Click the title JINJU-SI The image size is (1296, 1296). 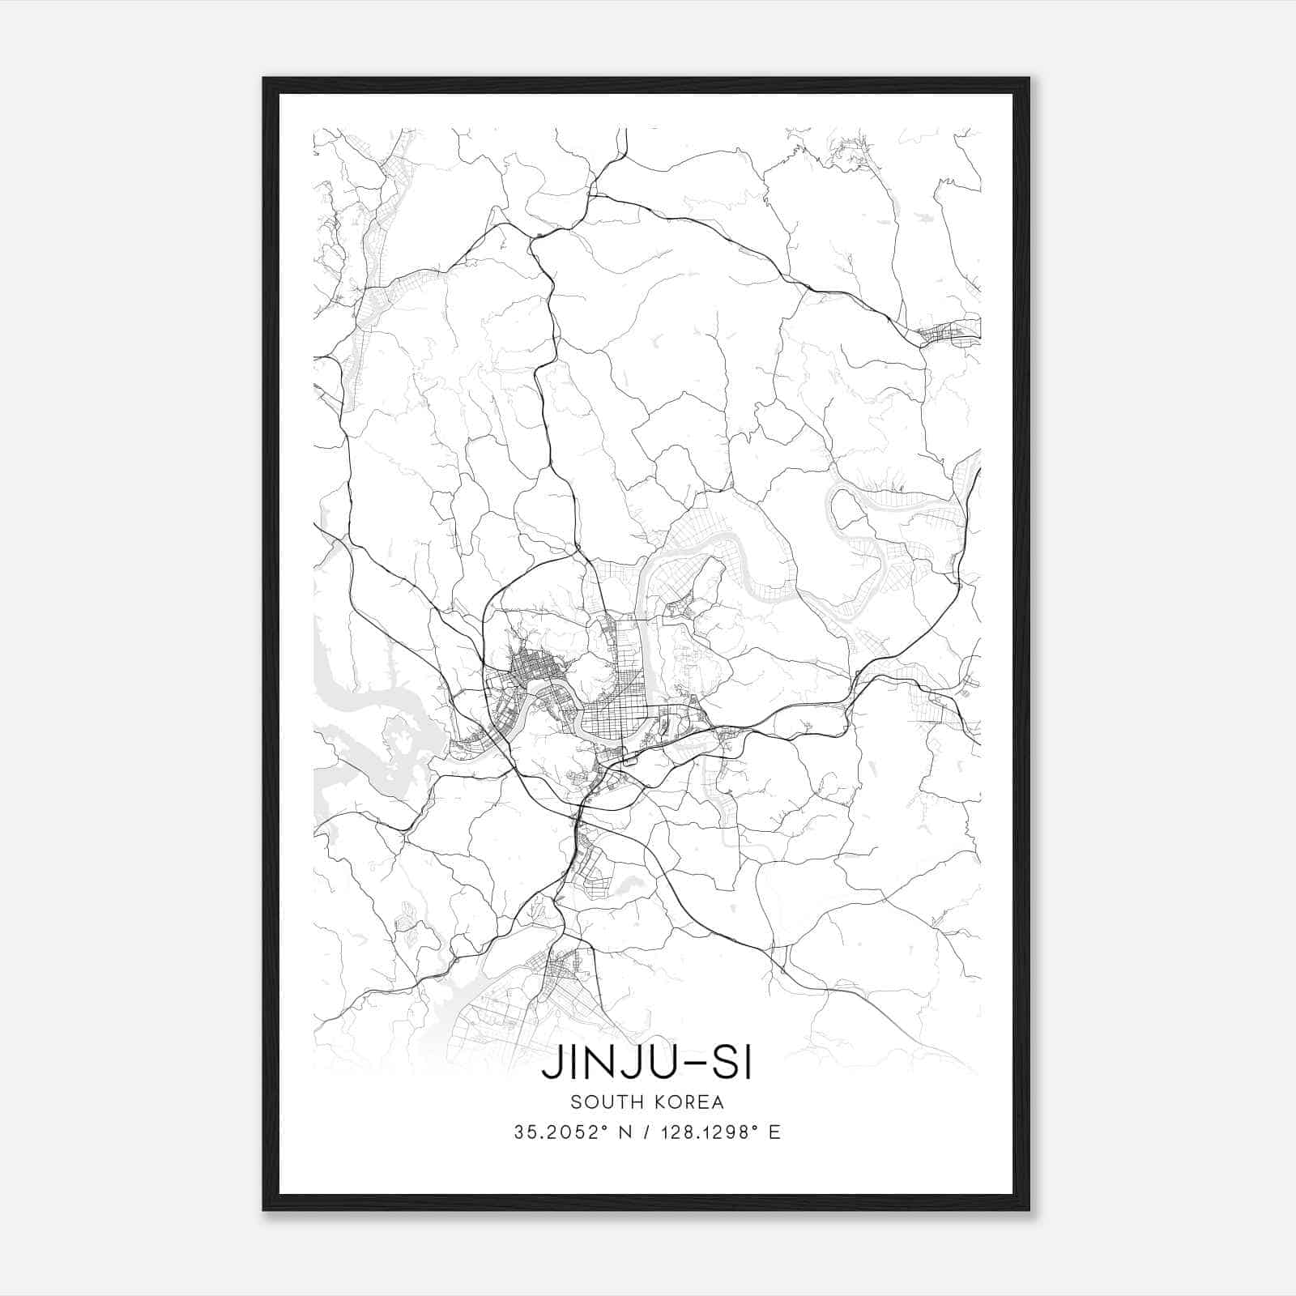[646, 1064]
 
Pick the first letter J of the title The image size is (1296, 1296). [550, 1064]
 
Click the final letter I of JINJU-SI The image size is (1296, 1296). [747, 1064]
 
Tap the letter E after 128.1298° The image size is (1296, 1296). [774, 1132]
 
